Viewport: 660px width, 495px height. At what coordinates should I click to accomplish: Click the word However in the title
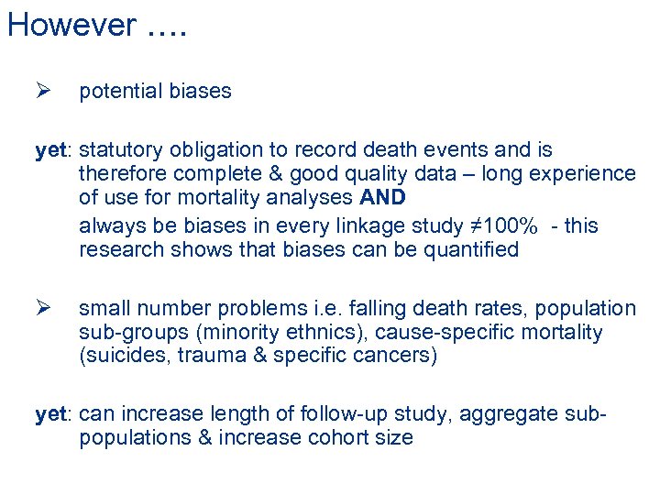pyautogui.click(x=71, y=25)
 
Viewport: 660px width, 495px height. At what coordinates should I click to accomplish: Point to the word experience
pyautogui.click(x=583, y=174)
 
